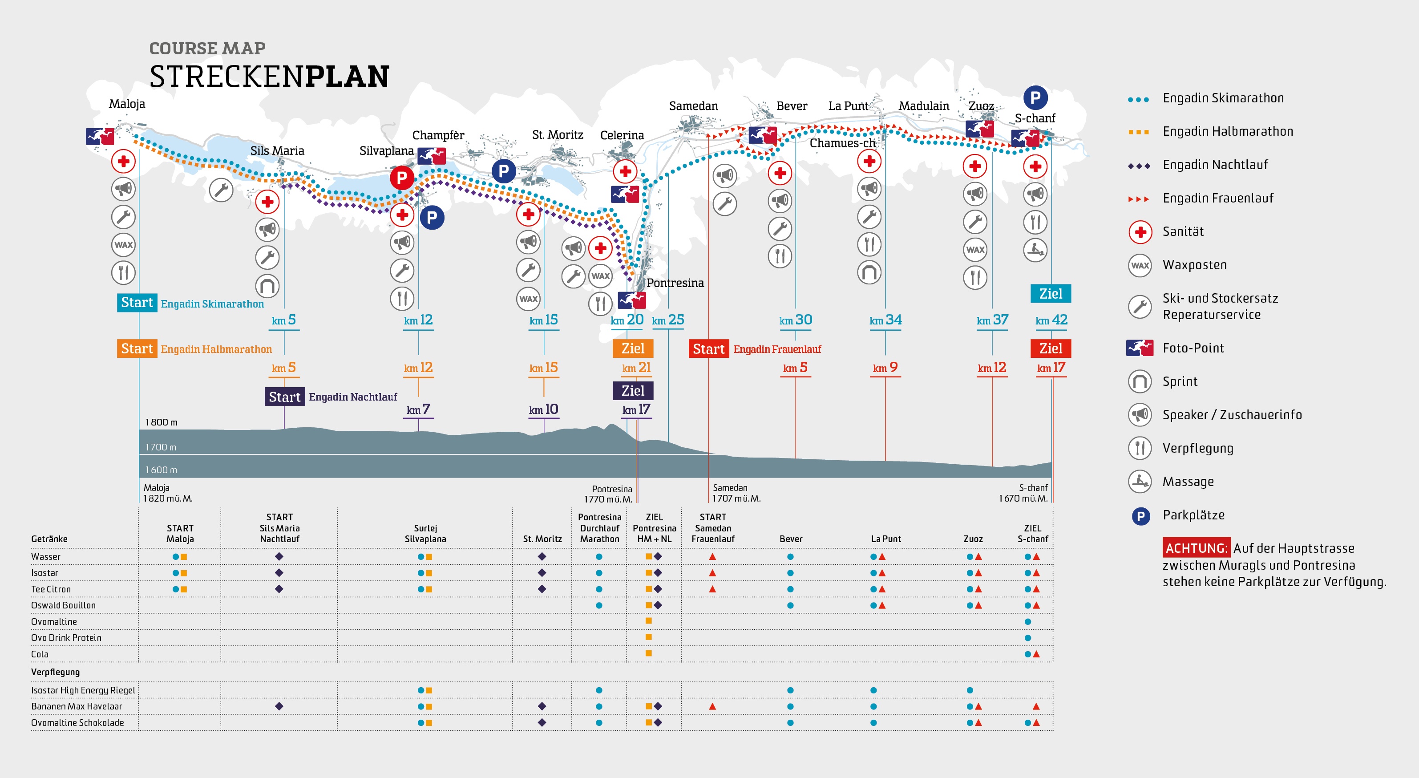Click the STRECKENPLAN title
click(269, 76)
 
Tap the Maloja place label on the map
click(127, 104)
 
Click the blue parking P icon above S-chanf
click(1035, 97)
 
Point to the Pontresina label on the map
click(675, 283)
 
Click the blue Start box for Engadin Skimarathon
click(137, 303)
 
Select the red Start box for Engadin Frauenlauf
click(708, 349)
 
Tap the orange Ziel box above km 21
click(632, 348)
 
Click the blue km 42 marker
click(1051, 320)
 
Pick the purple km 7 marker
click(418, 409)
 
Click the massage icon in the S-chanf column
click(1035, 250)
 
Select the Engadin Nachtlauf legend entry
click(1215, 165)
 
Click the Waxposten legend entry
click(1194, 265)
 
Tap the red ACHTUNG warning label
click(1196, 548)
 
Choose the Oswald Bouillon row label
click(63, 605)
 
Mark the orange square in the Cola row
click(648, 653)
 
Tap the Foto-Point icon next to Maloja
click(100, 136)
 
